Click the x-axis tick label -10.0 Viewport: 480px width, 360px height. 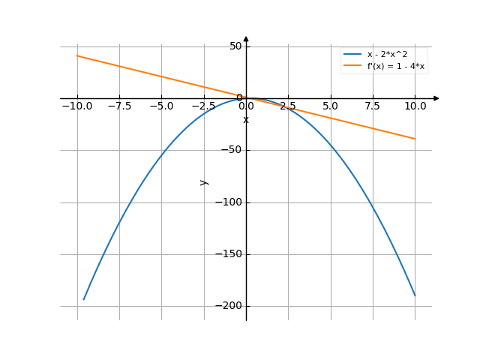pos(76,106)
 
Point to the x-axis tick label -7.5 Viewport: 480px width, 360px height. pos(119,106)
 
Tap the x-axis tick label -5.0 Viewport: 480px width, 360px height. pos(161,106)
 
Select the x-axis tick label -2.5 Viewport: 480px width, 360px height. pos(203,106)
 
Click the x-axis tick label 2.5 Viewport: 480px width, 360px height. pos(288,106)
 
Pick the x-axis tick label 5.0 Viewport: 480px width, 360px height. pos(330,106)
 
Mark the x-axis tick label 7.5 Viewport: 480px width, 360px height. pos(373,106)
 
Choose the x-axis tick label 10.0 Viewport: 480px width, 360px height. pos(415,106)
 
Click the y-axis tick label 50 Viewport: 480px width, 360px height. pos(235,46)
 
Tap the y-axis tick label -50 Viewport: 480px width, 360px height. pos(232,150)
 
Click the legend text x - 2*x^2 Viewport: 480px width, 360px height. pos(387,55)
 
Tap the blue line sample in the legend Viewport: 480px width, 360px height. pos(352,55)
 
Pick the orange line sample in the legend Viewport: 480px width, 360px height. pos(352,66)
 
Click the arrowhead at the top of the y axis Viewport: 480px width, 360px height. pos(246,39)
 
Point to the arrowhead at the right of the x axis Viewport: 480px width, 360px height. pos(436,98)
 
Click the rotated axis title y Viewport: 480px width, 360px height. pos(203,181)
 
